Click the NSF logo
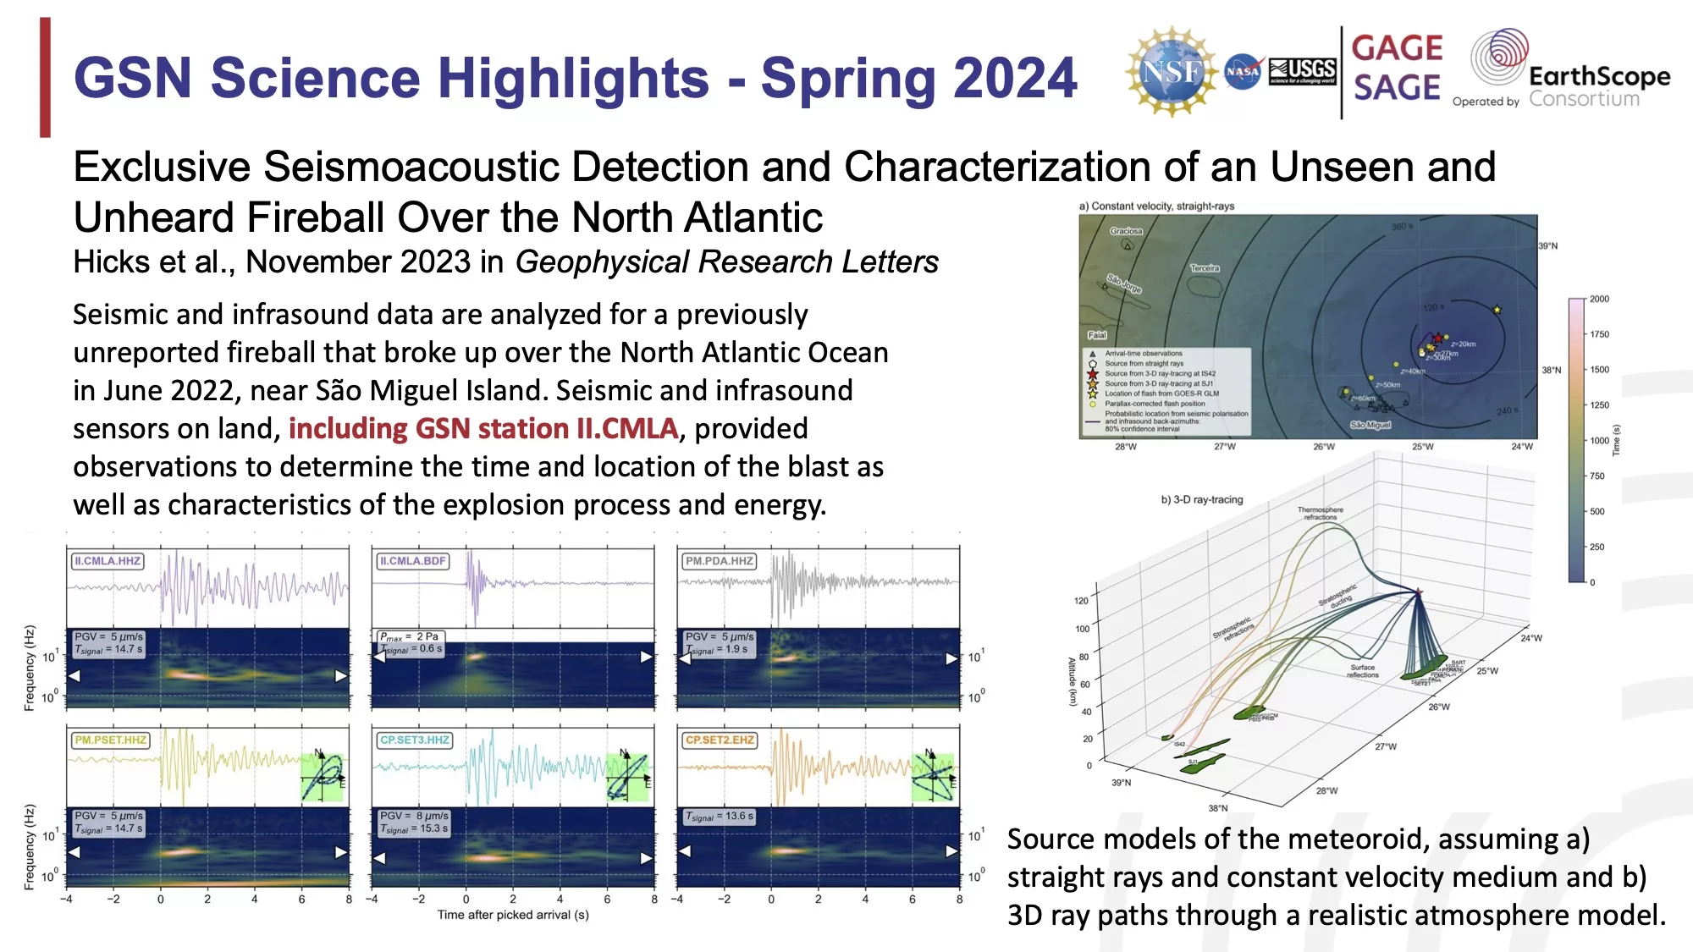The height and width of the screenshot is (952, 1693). point(1171,71)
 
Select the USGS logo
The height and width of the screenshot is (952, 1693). point(1303,71)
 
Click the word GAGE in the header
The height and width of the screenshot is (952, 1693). point(1397,48)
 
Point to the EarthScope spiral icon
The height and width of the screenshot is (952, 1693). point(1499,56)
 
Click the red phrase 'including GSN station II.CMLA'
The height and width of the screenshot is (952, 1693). point(483,429)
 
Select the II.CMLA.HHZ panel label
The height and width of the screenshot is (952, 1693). point(107,561)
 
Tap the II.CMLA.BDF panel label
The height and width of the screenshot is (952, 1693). point(412,561)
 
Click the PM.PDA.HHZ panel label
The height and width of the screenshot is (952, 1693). point(719,561)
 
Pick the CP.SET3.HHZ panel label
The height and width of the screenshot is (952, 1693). point(414,740)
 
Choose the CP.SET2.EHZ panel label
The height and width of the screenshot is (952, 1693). point(719,740)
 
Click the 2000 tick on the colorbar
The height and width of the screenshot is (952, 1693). point(1598,299)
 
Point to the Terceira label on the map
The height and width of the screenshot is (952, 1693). point(1205,268)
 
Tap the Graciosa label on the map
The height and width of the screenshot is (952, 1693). point(1126,231)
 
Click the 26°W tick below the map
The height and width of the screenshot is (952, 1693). point(1324,447)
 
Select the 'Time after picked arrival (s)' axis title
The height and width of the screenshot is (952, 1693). point(513,915)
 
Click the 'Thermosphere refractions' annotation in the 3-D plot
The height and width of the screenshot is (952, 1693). point(1320,514)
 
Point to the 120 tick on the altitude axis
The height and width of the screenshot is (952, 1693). point(1081,601)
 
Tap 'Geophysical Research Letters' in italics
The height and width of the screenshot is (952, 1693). point(726,262)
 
